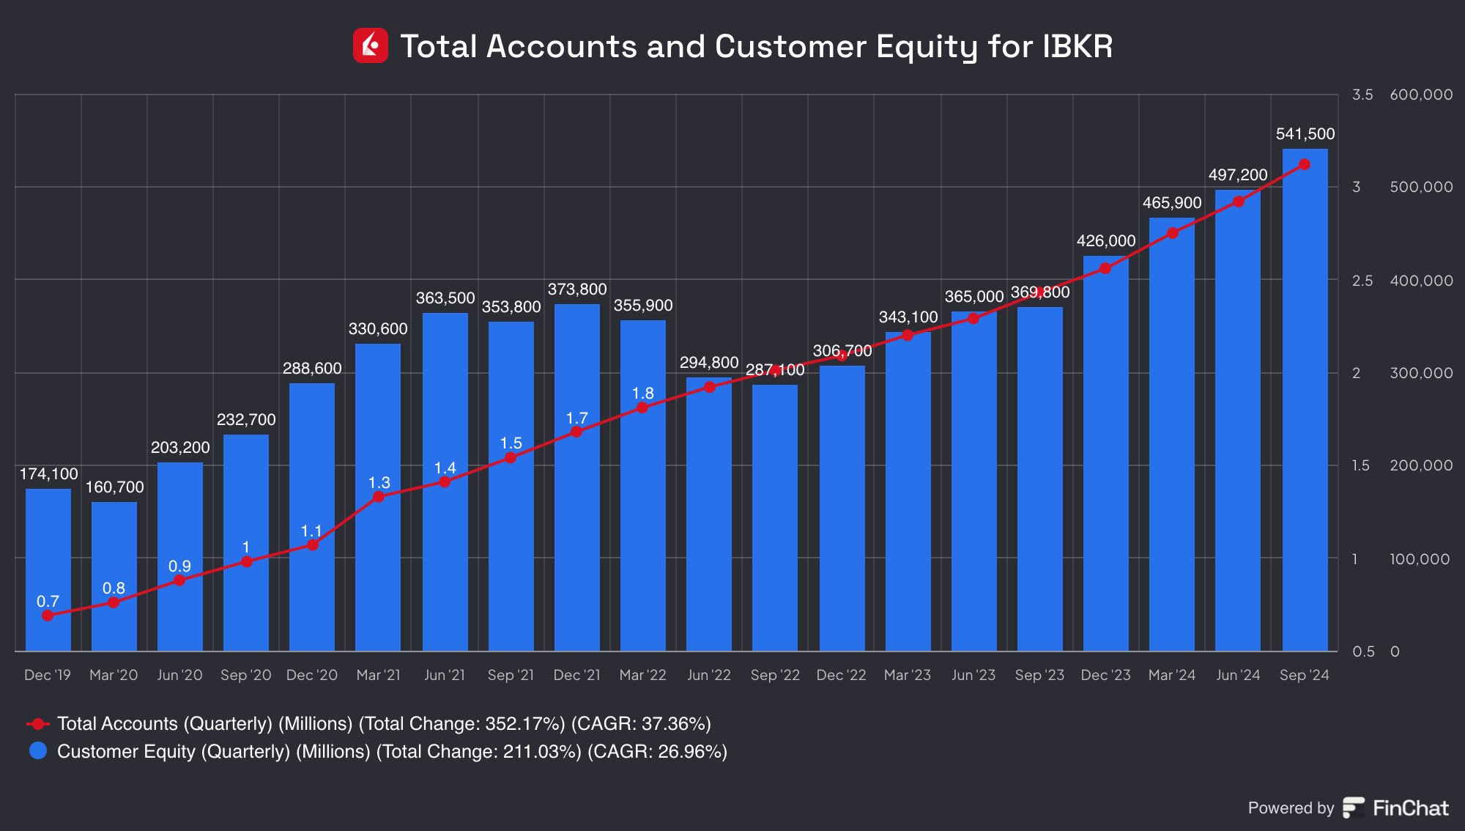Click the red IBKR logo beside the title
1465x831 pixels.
tap(371, 46)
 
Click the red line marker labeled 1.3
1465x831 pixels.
tap(379, 497)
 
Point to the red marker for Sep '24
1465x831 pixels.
tap(1304, 165)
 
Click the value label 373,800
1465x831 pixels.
tap(577, 289)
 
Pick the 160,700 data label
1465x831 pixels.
tap(115, 487)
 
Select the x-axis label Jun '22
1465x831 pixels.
tap(709, 675)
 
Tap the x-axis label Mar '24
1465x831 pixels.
tap(1172, 675)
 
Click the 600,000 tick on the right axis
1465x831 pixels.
tap(1421, 95)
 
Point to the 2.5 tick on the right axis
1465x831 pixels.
tap(1362, 280)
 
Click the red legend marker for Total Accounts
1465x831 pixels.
tap(38, 724)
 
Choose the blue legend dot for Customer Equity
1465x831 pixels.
tap(38, 751)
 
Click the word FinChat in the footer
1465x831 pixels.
tap(1410, 808)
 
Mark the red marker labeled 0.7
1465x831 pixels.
tap(48, 616)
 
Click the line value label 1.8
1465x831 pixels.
tap(643, 394)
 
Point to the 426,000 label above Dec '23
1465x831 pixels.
tap(1106, 241)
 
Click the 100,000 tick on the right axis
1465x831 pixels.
tap(1420, 559)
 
